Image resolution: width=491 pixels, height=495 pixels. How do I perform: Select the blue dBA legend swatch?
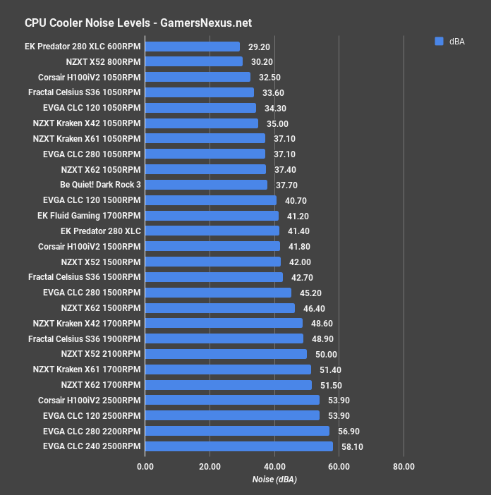[x=439, y=41]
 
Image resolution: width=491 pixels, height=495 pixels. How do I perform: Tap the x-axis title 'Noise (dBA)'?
[x=274, y=479]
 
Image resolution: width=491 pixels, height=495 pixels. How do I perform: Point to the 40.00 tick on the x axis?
[x=274, y=466]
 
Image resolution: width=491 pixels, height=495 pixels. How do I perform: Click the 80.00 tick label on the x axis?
[x=404, y=466]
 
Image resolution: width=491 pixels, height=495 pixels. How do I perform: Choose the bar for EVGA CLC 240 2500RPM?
[x=238, y=446]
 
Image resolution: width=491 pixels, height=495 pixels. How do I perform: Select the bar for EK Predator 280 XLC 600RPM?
[x=192, y=47]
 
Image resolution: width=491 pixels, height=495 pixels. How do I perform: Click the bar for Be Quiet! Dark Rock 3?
[x=206, y=185]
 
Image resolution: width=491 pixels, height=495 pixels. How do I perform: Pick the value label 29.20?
[x=260, y=47]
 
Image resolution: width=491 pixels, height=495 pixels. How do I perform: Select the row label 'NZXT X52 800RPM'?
[x=102, y=62]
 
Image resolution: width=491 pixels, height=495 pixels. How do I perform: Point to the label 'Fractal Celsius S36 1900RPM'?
[x=84, y=338]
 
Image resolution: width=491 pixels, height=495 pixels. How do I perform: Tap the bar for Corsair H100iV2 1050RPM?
[x=197, y=77]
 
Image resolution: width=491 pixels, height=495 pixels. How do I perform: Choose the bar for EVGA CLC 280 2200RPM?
[x=236, y=431]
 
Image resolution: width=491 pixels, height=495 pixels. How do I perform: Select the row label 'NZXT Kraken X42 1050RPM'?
[x=87, y=123]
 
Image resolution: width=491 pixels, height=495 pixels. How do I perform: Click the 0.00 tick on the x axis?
[x=145, y=466]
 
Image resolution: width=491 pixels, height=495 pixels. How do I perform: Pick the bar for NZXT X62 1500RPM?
[x=219, y=308]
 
